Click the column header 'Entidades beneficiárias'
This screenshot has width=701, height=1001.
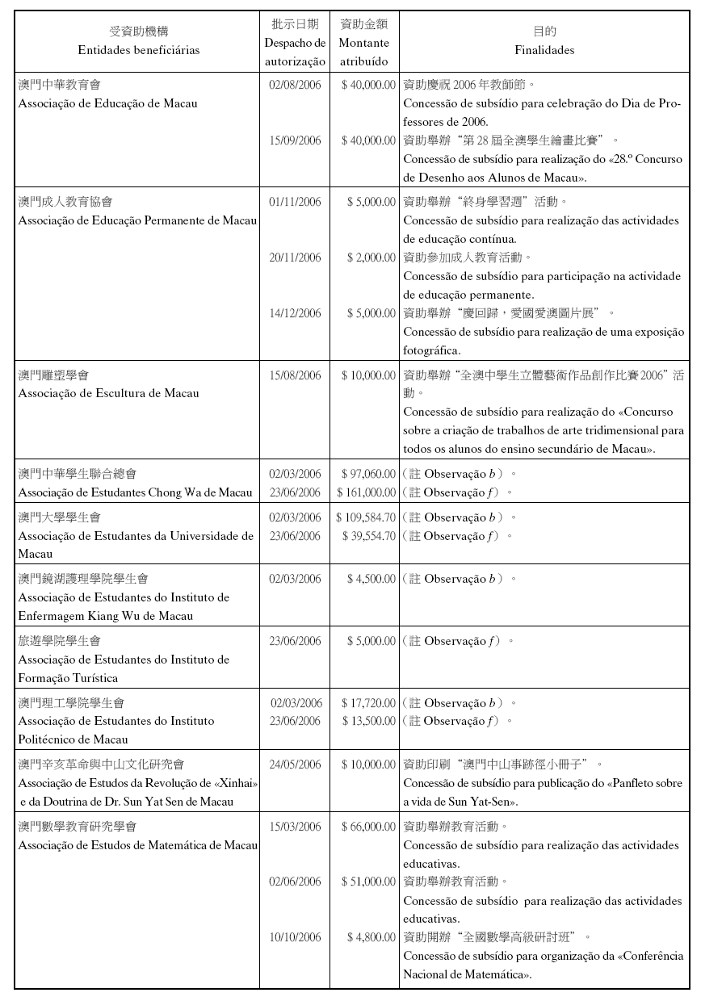[x=138, y=50]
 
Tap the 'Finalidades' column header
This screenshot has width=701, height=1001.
[x=544, y=50]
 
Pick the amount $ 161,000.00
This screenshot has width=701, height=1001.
[x=366, y=492]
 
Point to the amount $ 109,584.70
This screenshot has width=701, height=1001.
[x=366, y=517]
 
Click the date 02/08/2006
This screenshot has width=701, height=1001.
[x=295, y=84]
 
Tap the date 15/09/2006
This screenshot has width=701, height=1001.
[x=295, y=140]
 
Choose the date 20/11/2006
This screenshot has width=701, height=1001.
[x=295, y=258]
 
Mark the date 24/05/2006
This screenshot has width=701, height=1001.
[x=295, y=764]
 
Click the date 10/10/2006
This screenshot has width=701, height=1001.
[x=295, y=938]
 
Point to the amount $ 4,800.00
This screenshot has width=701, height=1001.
[x=371, y=938]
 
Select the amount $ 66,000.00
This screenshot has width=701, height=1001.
[x=369, y=827]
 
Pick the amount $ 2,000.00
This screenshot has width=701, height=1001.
[x=371, y=258]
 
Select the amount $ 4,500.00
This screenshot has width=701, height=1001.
[x=371, y=579]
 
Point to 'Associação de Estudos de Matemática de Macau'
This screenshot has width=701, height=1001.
[x=138, y=846]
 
